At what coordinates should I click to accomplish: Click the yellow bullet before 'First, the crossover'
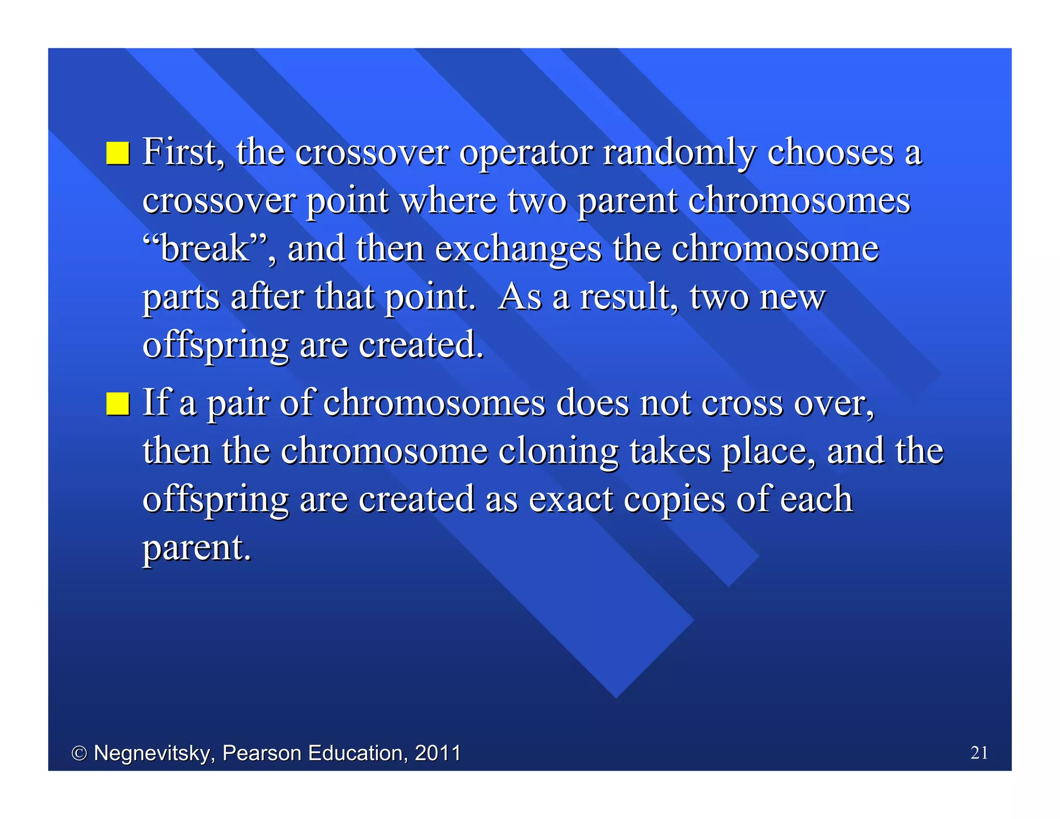point(117,153)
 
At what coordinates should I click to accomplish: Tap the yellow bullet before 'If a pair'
point(117,404)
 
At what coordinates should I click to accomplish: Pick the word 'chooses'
point(830,153)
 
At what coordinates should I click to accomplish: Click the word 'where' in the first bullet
point(448,201)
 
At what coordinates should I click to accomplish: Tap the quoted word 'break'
point(205,249)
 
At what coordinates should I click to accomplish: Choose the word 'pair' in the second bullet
point(239,404)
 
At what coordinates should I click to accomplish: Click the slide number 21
point(979,752)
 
